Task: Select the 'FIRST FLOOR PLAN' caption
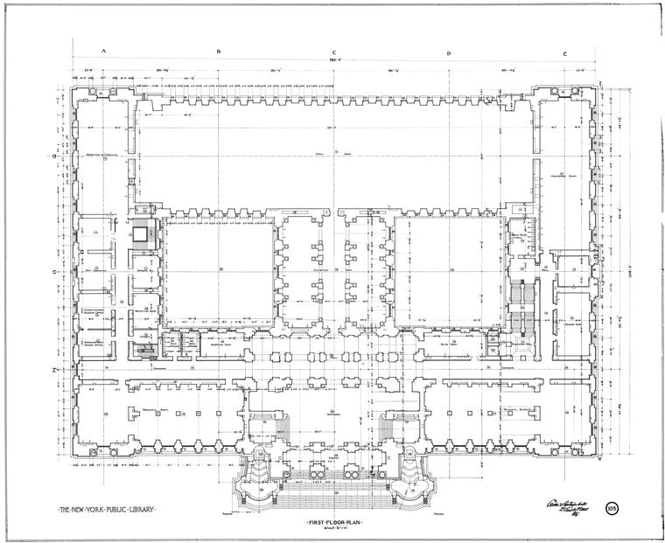335,522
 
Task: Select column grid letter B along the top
219,52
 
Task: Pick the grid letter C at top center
334,52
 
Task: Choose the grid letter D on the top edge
449,52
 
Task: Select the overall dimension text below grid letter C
334,60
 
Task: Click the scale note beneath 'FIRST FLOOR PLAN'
335,530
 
